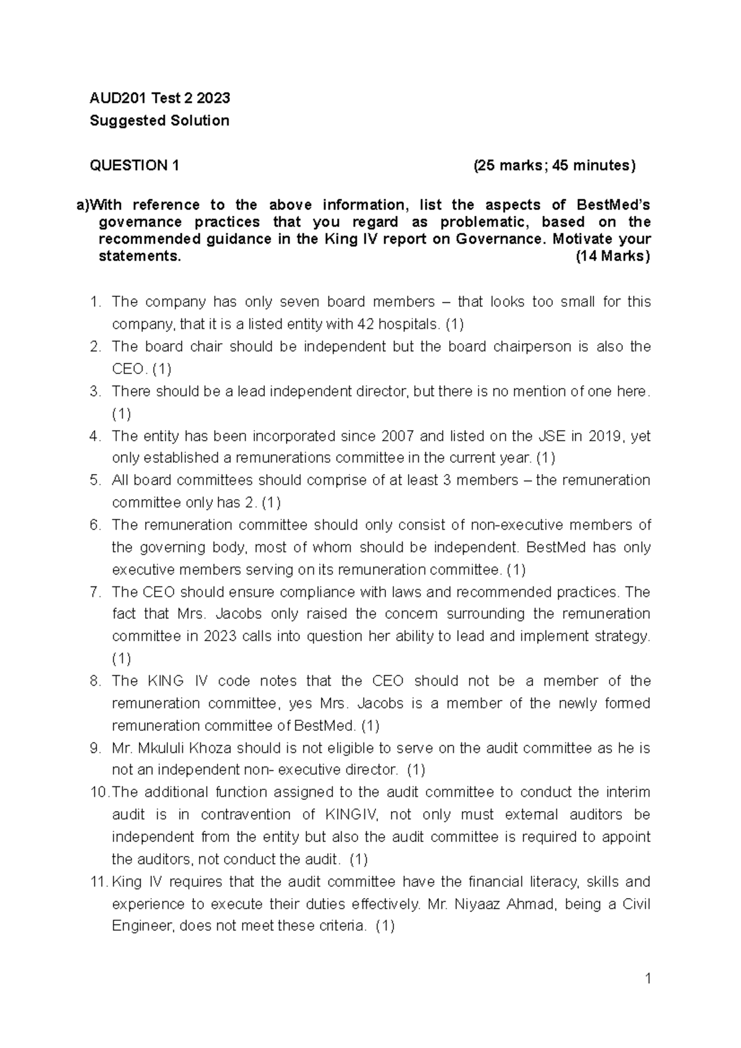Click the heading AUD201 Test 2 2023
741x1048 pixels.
[160, 98]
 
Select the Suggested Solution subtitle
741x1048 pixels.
[159, 121]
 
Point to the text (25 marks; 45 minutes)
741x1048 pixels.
[554, 165]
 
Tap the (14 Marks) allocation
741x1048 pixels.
[613, 257]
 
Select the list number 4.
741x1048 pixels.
[94, 436]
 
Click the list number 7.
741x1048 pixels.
[94, 592]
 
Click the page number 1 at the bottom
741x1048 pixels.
[647, 979]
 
